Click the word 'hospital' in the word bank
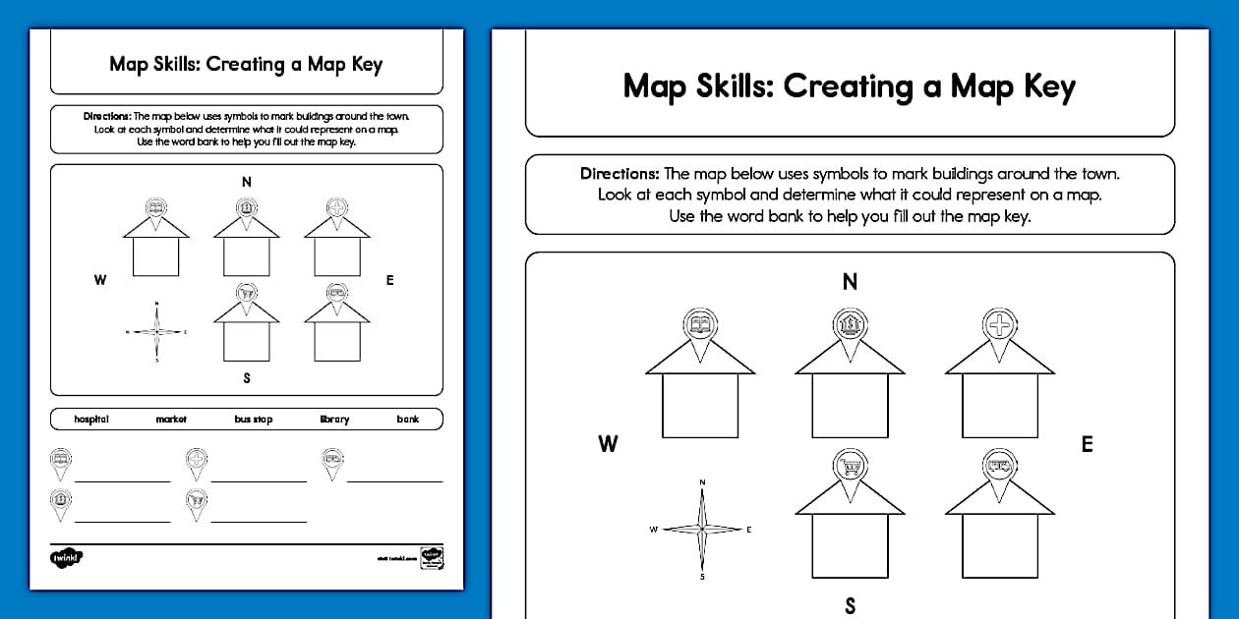(91, 420)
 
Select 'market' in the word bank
(171, 420)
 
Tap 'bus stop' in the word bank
(253, 420)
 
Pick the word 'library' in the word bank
(334, 420)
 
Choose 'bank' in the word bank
(408, 420)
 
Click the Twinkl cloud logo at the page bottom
(67, 557)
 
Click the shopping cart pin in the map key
(197, 502)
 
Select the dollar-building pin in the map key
(61, 502)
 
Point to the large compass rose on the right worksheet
(702, 530)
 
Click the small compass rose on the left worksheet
(157, 332)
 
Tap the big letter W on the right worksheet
(609, 444)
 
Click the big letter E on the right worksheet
(1087, 444)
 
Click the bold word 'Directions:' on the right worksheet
(619, 174)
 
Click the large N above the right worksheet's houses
(850, 282)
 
